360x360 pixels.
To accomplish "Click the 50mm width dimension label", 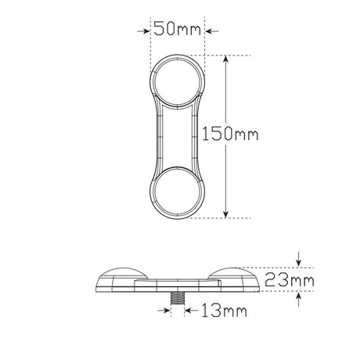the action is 178,28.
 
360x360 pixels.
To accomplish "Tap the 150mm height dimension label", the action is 230,134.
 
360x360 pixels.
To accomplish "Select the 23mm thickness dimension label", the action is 290,280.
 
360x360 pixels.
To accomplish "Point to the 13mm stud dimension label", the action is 224,311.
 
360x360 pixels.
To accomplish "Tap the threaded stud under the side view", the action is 178,298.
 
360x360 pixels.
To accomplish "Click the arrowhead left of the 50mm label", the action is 144,31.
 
